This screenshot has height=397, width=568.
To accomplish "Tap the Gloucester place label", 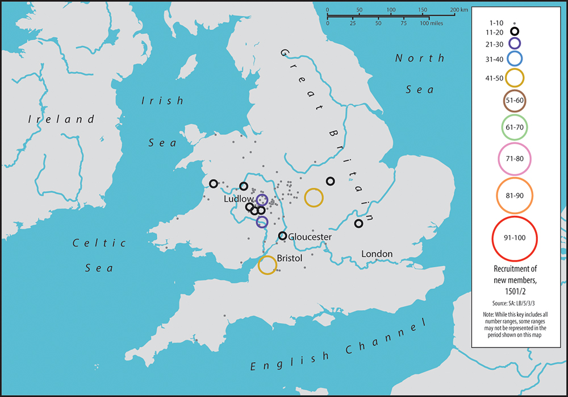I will (310, 237).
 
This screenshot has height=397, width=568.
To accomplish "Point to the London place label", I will (377, 254).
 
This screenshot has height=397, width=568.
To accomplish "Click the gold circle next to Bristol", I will (268, 265).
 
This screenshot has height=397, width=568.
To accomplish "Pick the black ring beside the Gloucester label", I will (282, 235).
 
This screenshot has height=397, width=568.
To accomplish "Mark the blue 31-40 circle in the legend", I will (515, 58).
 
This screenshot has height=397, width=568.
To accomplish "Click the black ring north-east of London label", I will (358, 224).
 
